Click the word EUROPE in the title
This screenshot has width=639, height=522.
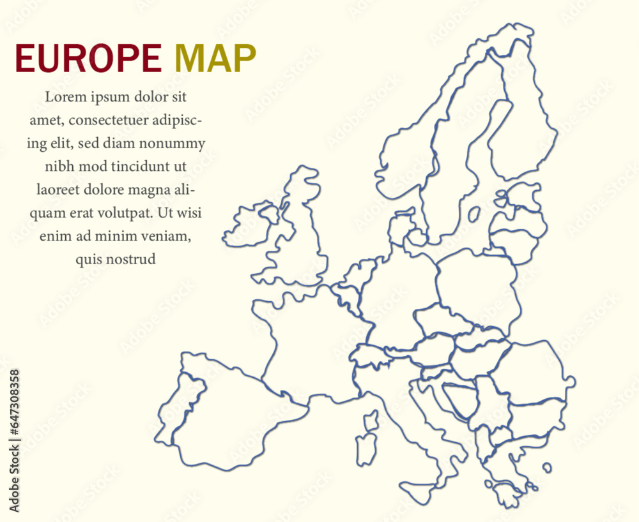(88, 59)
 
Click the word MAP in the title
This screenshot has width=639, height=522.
(215, 59)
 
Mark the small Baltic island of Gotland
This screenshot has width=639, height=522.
(474, 214)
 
